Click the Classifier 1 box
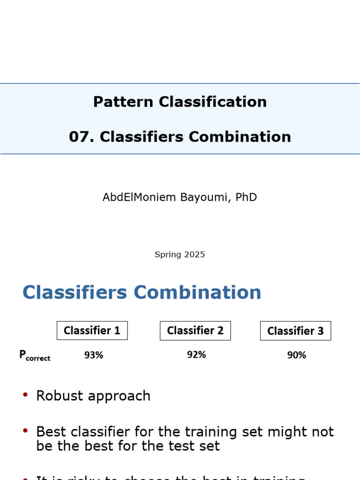click(x=92, y=330)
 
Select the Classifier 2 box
click(x=195, y=330)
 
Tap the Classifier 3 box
click(x=295, y=331)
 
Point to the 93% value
click(x=94, y=355)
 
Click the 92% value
click(x=196, y=355)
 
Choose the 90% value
click(x=297, y=355)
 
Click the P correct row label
click(x=34, y=356)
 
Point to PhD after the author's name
click(x=246, y=197)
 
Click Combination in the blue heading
click(x=197, y=292)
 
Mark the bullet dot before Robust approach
click(x=25, y=395)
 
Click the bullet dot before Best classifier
click(x=25, y=431)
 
